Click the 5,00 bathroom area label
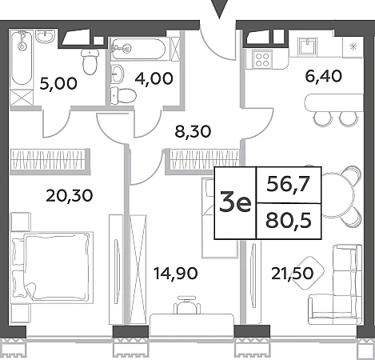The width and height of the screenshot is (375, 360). click(x=58, y=83)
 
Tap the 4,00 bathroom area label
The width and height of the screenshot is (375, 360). click(x=154, y=78)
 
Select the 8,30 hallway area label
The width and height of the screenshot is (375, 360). click(x=193, y=131)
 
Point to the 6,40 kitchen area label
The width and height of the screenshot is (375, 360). click(x=323, y=76)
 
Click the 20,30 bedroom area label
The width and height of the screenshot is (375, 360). click(x=70, y=195)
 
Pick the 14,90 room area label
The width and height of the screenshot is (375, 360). click(x=176, y=274)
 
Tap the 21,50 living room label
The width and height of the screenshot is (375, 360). click(x=292, y=274)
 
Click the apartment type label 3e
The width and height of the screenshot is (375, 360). click(x=235, y=203)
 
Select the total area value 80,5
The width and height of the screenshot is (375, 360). click(x=289, y=221)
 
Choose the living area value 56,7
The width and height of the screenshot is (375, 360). click(x=289, y=185)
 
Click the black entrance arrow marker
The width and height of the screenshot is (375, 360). click(x=219, y=9)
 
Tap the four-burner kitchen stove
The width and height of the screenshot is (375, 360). click(x=262, y=60)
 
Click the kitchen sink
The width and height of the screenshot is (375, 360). click(x=309, y=46)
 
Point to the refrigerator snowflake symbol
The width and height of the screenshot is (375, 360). click(x=353, y=47)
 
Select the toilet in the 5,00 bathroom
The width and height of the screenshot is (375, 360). click(x=90, y=62)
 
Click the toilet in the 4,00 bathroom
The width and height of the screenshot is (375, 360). click(x=123, y=95)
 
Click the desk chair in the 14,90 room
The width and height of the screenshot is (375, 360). click(x=187, y=306)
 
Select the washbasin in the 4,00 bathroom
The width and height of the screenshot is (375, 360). click(x=118, y=74)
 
